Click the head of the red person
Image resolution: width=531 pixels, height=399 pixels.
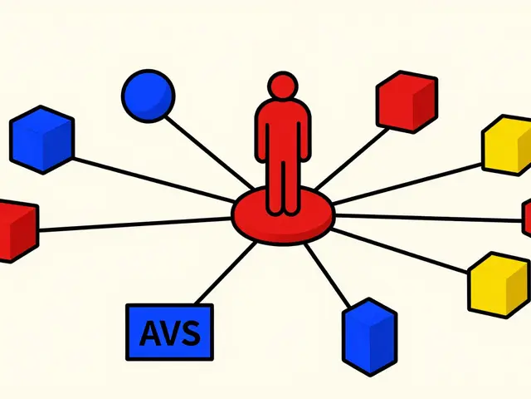283,85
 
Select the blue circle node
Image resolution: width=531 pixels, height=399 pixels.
149,96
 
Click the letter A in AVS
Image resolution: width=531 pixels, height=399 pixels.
150,333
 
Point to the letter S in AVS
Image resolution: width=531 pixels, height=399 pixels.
190,333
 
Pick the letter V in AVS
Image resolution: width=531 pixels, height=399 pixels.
170,333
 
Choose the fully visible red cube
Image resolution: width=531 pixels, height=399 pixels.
407,101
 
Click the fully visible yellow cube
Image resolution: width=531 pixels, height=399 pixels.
499,285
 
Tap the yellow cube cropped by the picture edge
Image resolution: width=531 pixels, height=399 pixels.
507,145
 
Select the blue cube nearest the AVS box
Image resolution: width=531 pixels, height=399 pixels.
369,337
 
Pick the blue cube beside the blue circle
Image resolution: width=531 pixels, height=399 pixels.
42,140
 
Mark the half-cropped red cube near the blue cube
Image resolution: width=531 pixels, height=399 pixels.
18,231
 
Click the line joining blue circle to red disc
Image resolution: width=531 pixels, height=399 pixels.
209,152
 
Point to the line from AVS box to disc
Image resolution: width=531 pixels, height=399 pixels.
225,273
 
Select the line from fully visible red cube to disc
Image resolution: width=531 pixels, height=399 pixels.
352,159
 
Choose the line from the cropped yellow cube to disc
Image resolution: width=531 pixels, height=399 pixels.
407,185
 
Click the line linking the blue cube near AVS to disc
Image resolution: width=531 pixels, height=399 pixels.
327,276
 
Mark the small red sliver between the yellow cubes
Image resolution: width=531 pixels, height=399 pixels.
527,218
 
